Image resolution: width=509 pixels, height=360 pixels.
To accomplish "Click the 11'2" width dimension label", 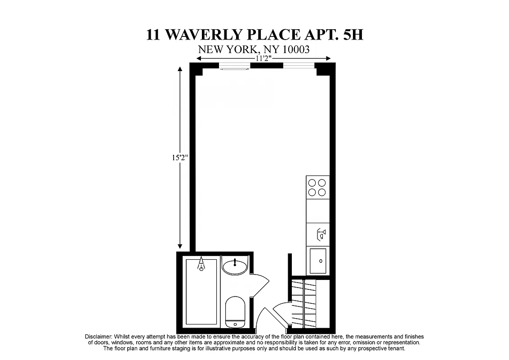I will pyautogui.click(x=264, y=58).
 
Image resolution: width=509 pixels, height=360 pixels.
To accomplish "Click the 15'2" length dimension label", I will pyautogui.click(x=179, y=158).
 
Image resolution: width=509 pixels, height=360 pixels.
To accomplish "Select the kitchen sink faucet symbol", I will pyautogui.click(x=321, y=234).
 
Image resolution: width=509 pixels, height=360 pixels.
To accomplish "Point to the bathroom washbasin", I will pyautogui.click(x=235, y=266).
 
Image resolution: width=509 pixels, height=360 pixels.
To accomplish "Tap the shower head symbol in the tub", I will pyautogui.click(x=201, y=265).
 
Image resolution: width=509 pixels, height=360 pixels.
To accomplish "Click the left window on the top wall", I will pyautogui.click(x=234, y=67).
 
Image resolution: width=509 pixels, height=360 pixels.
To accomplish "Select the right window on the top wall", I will pyautogui.click(x=299, y=66).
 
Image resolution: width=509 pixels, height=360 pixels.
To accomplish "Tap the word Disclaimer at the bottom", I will pyautogui.click(x=98, y=337).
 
